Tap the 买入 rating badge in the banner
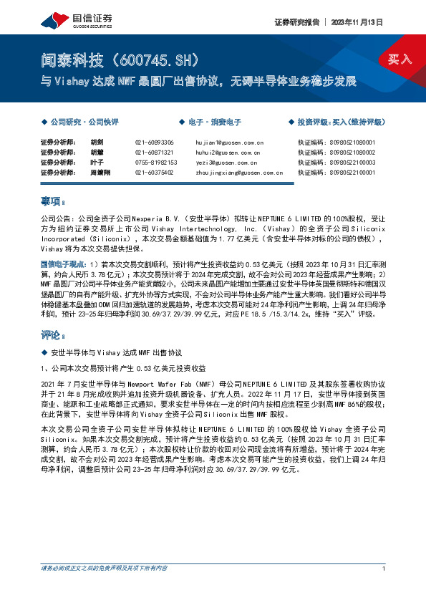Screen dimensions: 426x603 click(400, 59)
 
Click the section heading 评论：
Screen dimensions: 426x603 click(54, 335)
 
